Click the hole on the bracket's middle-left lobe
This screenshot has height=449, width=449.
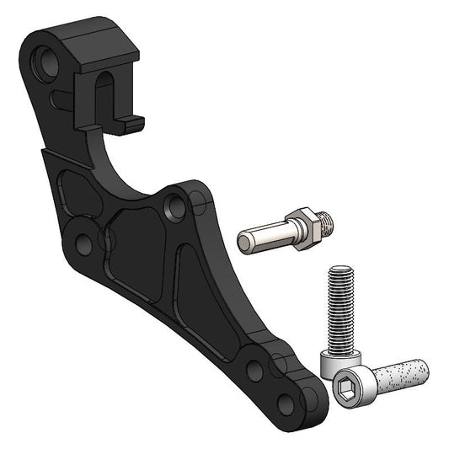point(83,244)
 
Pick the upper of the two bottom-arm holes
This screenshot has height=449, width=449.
point(255,368)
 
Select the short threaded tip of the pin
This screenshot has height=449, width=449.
point(326,221)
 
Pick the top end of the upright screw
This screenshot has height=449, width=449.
point(339,271)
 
